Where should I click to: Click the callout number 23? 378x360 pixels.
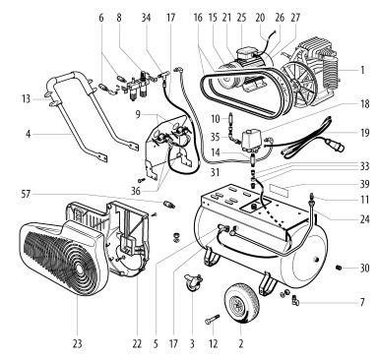click(x=77, y=343)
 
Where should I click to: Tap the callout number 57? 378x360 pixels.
click(x=26, y=194)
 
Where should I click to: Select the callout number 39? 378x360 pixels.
click(x=364, y=184)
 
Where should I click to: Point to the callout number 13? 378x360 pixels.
click(x=27, y=98)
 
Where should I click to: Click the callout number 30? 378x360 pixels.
click(x=364, y=269)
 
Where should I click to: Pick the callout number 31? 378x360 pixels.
click(x=215, y=172)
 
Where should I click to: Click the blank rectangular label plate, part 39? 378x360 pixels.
click(x=279, y=190)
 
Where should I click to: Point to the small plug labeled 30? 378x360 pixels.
click(x=340, y=269)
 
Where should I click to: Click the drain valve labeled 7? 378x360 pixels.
click(x=294, y=300)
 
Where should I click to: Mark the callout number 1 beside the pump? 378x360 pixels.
click(x=362, y=70)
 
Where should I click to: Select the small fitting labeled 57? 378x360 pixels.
click(x=169, y=205)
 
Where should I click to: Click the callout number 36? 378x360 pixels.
click(x=136, y=191)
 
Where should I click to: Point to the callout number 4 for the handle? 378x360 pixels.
click(x=29, y=134)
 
